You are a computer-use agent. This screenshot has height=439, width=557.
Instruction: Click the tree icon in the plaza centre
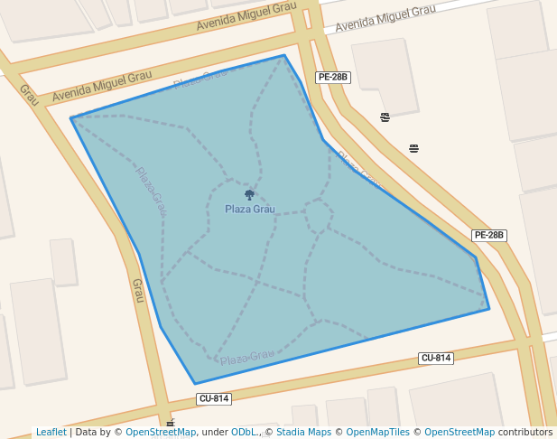pyautogui.click(x=250, y=194)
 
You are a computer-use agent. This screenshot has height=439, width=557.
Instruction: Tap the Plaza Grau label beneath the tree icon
pyautogui.click(x=250, y=210)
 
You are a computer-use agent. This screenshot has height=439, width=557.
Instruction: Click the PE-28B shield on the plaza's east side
pyautogui.click(x=488, y=235)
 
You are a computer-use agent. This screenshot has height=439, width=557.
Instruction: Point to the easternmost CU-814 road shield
pyautogui.click(x=436, y=358)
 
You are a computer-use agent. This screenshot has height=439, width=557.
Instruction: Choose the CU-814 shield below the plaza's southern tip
pyautogui.click(x=214, y=398)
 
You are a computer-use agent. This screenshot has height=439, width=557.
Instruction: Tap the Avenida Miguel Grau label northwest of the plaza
pyautogui.click(x=96, y=87)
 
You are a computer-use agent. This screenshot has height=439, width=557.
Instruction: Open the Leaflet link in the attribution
pyautogui.click(x=51, y=432)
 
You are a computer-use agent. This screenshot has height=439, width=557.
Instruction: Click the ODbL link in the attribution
pyautogui.click(x=245, y=432)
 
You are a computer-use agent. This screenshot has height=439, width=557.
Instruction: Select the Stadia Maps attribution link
pyautogui.click(x=302, y=432)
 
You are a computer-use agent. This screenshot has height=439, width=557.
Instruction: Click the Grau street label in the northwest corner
pyautogui.click(x=28, y=94)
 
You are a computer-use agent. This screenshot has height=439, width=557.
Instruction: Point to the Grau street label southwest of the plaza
pyautogui.click(x=138, y=290)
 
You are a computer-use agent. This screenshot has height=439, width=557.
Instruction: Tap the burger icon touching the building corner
pyautogui.click(x=385, y=117)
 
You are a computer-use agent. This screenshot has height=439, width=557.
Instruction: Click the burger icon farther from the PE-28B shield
pyautogui.click(x=414, y=148)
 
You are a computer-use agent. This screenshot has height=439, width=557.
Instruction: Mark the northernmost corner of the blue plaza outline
pyautogui.click(x=284, y=55)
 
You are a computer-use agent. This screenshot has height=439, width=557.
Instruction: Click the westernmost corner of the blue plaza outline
pyautogui.click(x=70, y=118)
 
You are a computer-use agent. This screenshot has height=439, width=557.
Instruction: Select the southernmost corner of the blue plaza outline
pyautogui.click(x=195, y=384)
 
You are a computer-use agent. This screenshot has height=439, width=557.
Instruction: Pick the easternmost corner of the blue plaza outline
pyautogui.click(x=489, y=309)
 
